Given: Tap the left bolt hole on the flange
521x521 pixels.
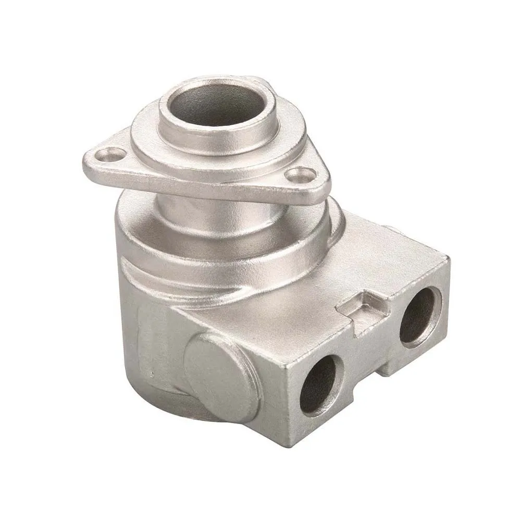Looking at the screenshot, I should [111, 154].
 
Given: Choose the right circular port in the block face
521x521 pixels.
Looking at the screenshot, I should [419, 316].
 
